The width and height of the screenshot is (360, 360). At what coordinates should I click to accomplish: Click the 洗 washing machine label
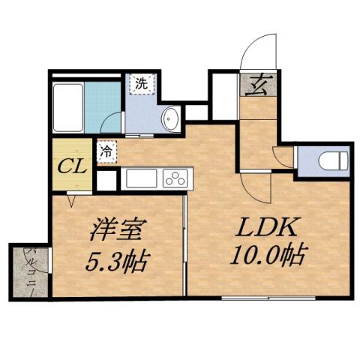[x=141, y=84]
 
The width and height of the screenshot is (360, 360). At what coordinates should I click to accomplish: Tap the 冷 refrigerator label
[x=106, y=151]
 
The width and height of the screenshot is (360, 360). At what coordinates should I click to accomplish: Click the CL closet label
[x=71, y=164]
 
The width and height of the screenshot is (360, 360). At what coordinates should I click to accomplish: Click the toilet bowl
[x=331, y=160]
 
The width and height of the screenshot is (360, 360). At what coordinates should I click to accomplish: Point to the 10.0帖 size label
[x=266, y=256]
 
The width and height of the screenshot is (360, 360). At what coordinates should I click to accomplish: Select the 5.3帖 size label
[x=116, y=261]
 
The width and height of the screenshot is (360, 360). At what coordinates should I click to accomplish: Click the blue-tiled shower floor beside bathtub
[x=103, y=104]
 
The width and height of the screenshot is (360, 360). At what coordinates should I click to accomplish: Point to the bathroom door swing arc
[x=111, y=124]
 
